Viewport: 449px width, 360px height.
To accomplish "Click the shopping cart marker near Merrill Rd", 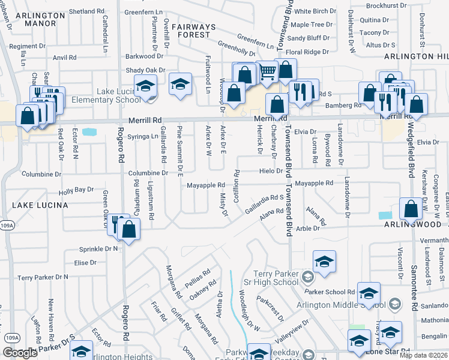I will (x=268, y=72).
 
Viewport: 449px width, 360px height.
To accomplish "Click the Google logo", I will (x=20, y=353).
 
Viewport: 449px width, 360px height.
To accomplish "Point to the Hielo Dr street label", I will (x=271, y=171).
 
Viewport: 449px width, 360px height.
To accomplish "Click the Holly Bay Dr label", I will (x=76, y=191).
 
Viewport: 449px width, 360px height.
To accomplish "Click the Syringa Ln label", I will (x=142, y=137).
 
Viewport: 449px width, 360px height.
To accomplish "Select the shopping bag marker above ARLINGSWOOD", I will (x=412, y=209).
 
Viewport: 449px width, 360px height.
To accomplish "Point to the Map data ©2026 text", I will (x=423, y=355).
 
